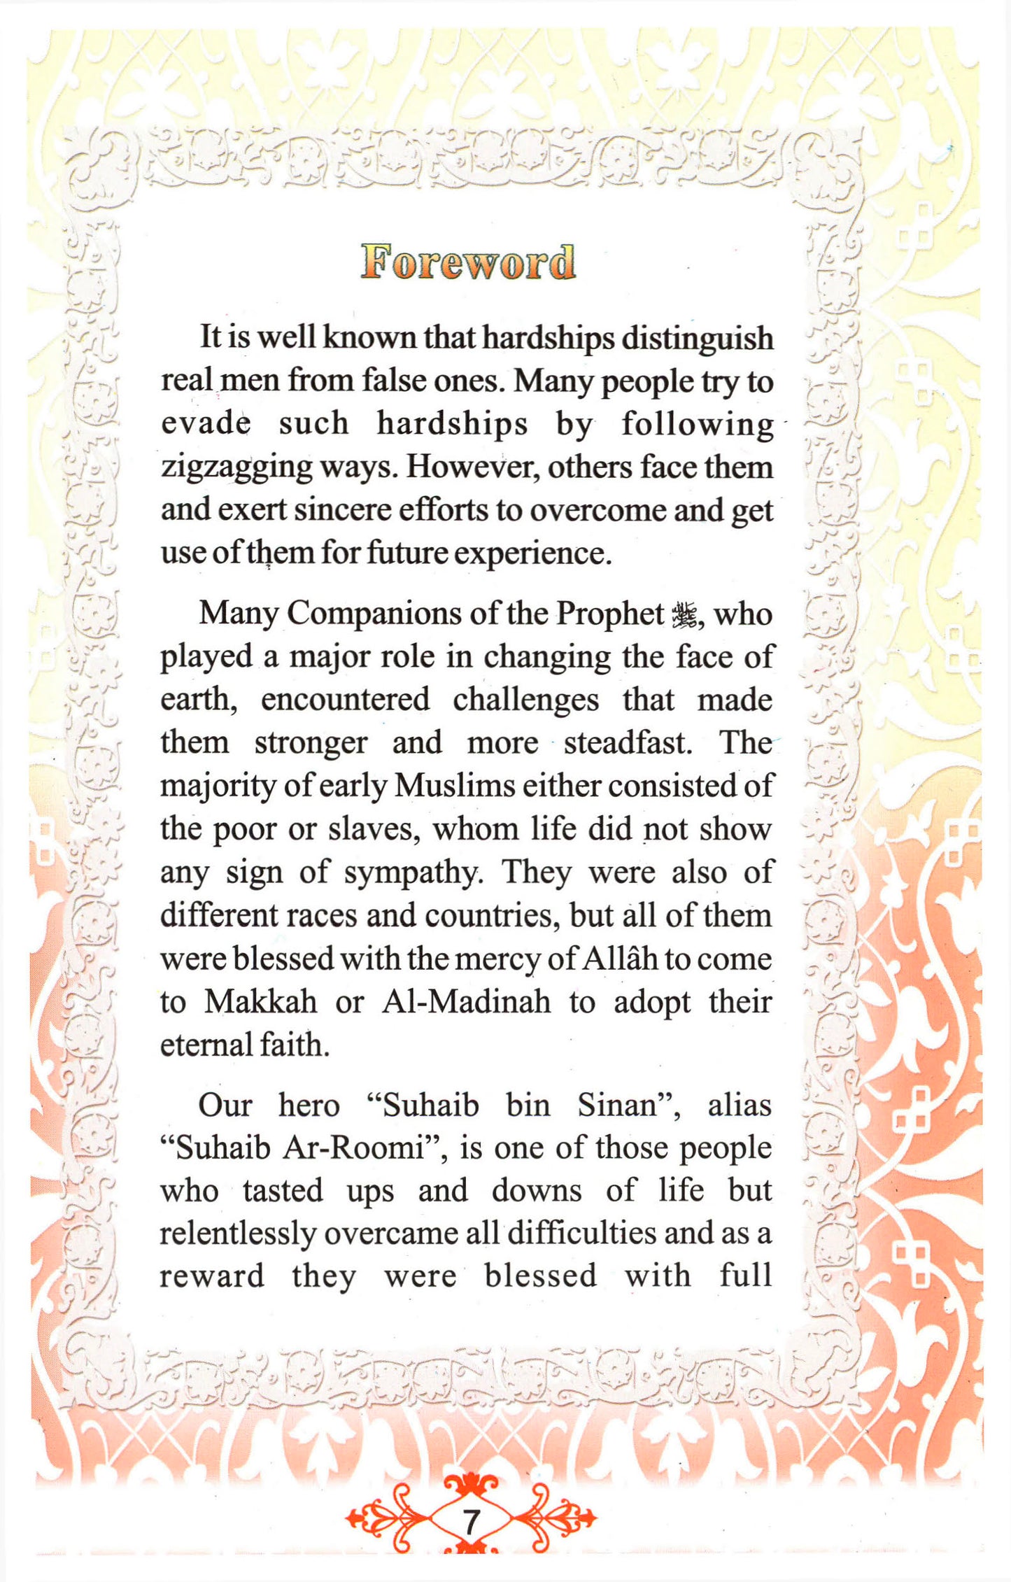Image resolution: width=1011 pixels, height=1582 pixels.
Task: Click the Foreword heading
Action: tap(468, 262)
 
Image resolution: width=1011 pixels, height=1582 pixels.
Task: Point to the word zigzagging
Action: tap(236, 467)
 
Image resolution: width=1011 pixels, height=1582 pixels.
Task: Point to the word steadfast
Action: tap(628, 743)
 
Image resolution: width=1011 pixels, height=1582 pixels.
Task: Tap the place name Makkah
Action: tap(260, 1002)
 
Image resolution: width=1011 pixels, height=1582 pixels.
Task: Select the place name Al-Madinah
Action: tap(466, 1002)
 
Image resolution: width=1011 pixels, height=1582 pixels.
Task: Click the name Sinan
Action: tap(628, 1106)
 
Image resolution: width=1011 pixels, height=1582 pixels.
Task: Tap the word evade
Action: tap(206, 424)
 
